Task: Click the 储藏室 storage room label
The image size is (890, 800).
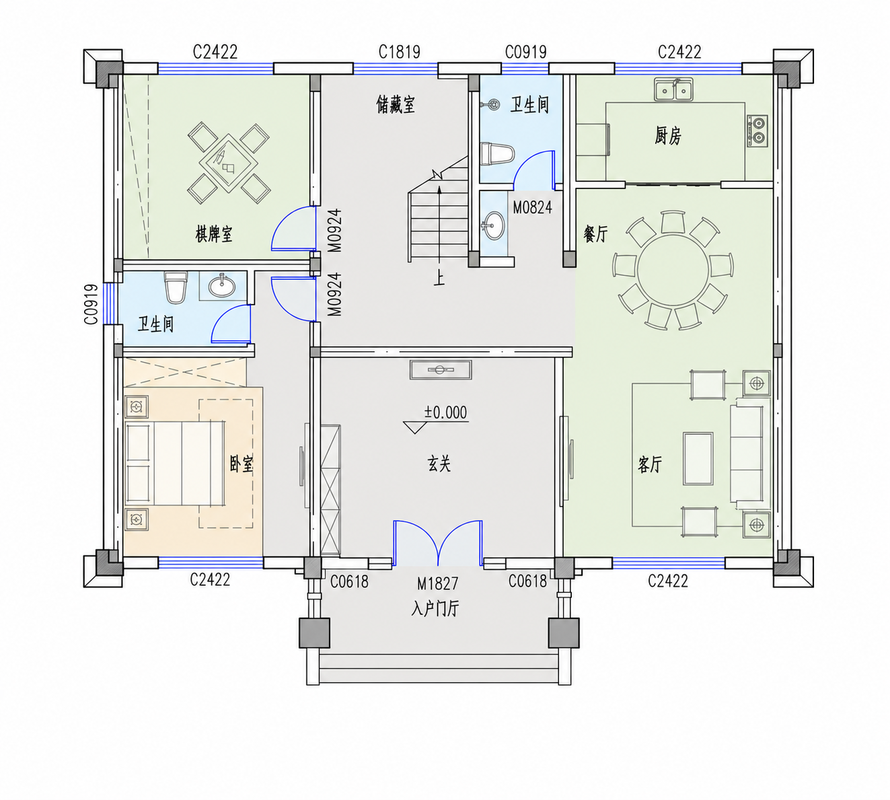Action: coord(396,105)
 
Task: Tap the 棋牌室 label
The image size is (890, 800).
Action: coord(214,233)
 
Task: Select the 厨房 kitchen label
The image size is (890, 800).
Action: coord(668,135)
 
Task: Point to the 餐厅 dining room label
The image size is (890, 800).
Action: coord(595,233)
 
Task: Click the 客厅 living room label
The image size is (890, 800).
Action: coord(650,464)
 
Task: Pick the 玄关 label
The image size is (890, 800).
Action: coord(439,464)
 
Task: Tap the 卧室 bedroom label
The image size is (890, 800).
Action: coord(242,464)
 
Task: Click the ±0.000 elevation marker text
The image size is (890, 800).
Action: coord(445,412)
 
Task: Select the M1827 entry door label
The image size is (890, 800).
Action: coord(437,583)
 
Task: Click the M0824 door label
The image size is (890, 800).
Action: coord(532,207)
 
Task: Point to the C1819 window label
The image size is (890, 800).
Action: coord(400,52)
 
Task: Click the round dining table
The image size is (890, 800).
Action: coord(673,270)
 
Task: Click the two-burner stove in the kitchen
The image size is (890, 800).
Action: coord(757,131)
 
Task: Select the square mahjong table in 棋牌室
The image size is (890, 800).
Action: coord(228,163)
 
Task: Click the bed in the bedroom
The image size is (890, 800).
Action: coord(174,464)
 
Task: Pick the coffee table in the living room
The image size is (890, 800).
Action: coord(698,459)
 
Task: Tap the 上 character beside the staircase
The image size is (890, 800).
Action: coord(439,279)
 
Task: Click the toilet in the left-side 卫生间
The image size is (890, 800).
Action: coord(176,288)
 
